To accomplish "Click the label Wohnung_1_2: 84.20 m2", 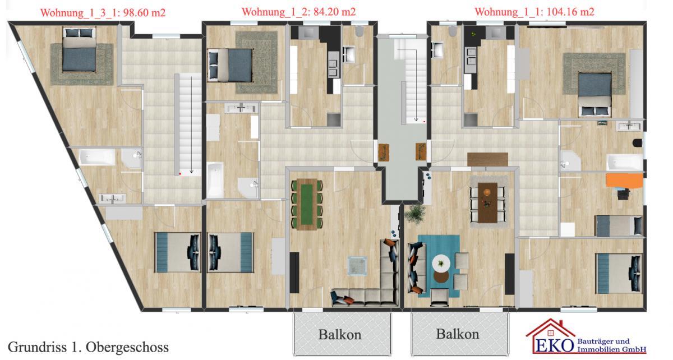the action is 298,12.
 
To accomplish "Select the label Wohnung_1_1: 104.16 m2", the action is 534,12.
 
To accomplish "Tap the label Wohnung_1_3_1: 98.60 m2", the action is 103,13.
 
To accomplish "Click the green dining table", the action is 307,204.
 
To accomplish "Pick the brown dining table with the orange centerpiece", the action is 487,203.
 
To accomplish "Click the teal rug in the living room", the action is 439,266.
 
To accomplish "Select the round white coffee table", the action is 441,264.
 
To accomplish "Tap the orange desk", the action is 624,181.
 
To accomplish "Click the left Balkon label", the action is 340,335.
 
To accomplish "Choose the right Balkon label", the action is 458,334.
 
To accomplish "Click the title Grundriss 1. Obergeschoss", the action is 88,347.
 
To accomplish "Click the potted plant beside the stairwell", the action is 415,214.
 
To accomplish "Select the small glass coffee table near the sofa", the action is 357,266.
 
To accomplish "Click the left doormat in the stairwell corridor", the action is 384,153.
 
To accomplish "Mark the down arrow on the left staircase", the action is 191,124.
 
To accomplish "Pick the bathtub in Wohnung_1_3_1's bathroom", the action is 97,157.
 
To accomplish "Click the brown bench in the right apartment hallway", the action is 487,159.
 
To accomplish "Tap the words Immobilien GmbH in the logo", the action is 612,349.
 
